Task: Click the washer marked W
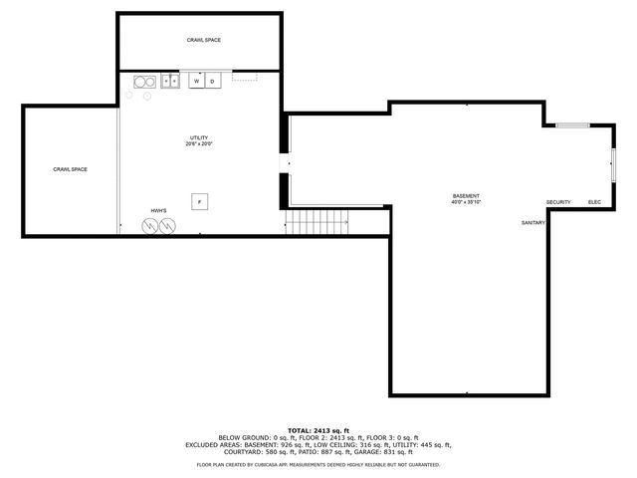(197, 81)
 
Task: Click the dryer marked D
(212, 81)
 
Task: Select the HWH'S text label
(158, 211)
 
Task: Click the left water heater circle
(150, 226)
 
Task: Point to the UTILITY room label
(199, 137)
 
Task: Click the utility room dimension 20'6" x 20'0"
(199, 144)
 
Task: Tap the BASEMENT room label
(466, 195)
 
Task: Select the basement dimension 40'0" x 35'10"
(466, 202)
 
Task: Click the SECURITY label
(558, 202)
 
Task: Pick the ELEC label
(594, 202)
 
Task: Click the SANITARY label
(533, 222)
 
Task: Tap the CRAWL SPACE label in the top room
(204, 40)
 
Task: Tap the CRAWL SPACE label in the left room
(71, 169)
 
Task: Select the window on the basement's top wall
(571, 125)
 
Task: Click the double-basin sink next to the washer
(169, 81)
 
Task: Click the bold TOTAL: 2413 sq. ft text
(318, 430)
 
